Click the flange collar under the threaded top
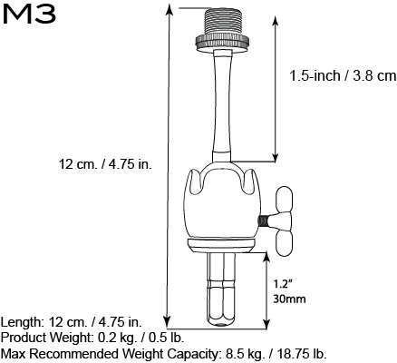220,41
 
